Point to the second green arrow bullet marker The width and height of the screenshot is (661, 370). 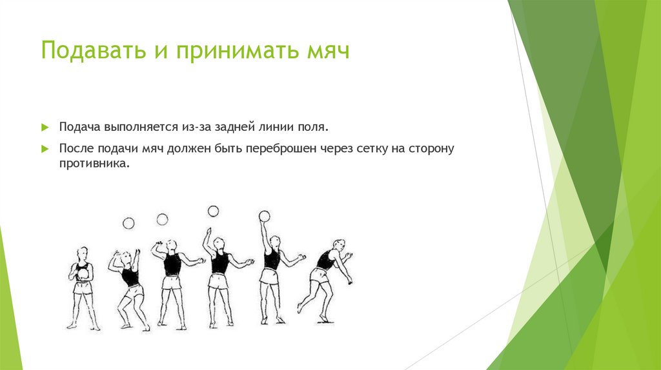45,149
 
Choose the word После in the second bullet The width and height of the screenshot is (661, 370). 76,149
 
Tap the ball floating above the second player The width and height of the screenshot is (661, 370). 128,223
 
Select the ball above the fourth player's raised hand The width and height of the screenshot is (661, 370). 212,211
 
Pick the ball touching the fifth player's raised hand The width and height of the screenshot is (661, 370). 263,216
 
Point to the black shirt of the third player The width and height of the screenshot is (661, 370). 172,264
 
